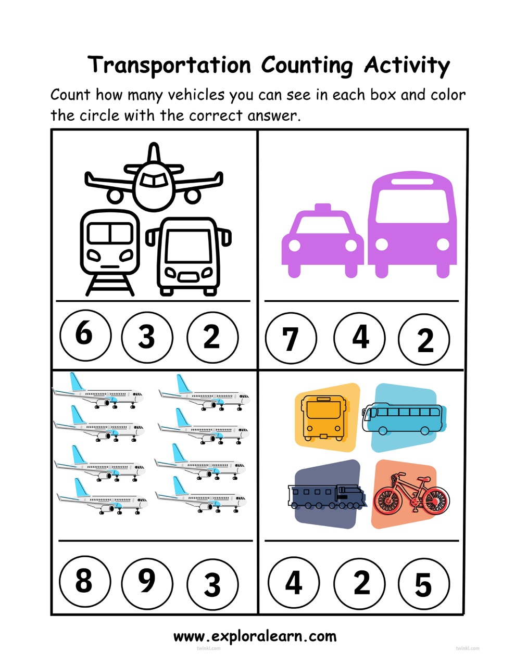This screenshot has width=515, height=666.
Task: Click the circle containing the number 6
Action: (85, 335)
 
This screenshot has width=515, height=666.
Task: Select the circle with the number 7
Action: (291, 338)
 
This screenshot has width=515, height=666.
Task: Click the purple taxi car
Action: (323, 240)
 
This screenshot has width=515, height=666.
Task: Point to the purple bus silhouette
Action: (412, 224)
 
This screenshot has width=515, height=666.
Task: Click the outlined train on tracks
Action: (110, 252)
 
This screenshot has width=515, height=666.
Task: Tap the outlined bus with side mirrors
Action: (189, 257)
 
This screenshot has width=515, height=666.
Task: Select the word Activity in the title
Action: (407, 66)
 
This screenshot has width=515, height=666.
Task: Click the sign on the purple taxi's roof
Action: (323, 208)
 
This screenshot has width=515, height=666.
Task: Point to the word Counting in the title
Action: (307, 66)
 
